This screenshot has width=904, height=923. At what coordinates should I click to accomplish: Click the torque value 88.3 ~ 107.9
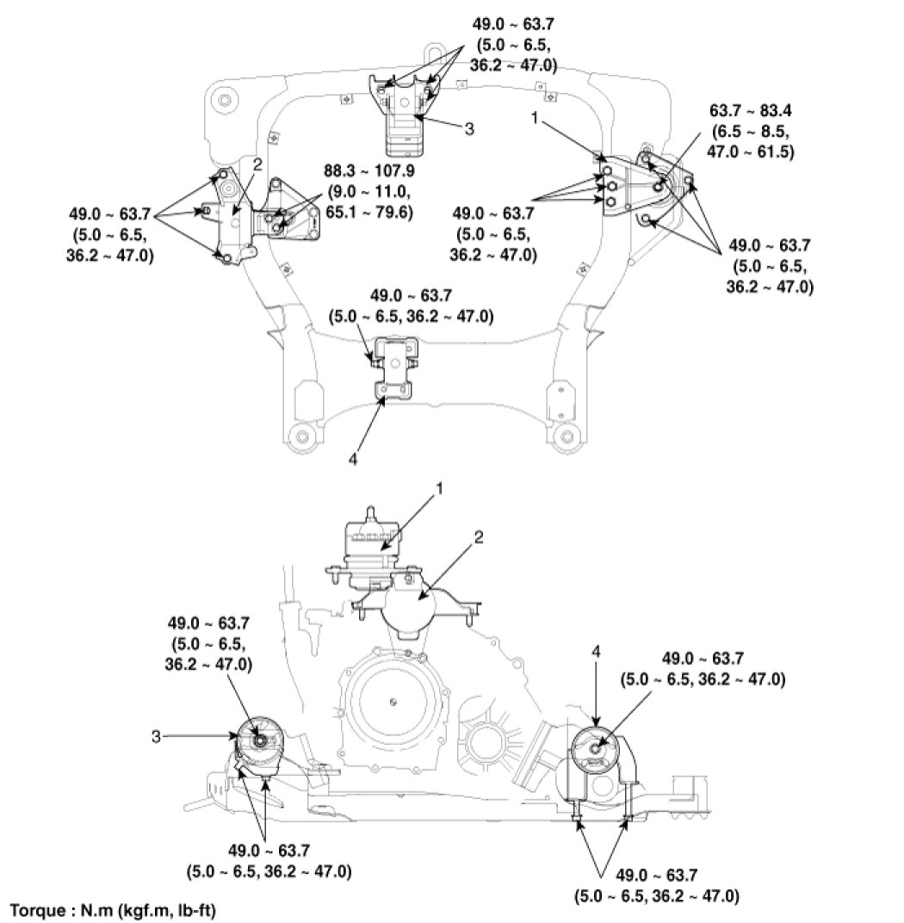coord(369,171)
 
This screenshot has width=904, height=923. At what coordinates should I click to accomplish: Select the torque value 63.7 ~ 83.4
coord(751,111)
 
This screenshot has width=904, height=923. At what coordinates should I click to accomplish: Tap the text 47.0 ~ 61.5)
coord(751,152)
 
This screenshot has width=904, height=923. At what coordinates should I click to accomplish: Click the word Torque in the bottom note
coord(38,911)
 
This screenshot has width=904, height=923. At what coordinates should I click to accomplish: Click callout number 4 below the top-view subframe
coord(352,459)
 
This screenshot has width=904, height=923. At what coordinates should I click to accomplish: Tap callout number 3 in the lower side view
coord(156,736)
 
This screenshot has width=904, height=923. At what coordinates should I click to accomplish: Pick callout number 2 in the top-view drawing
coord(257,164)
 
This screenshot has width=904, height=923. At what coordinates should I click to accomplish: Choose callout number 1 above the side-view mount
coord(439,488)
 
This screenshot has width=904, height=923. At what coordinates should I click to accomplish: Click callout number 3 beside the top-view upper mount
coord(469,128)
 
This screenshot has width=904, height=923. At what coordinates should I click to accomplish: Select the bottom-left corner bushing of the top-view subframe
coord(302,437)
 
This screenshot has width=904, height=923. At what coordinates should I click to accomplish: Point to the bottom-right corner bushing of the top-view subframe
coord(567,437)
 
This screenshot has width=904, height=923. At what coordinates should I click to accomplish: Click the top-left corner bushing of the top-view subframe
coord(224,100)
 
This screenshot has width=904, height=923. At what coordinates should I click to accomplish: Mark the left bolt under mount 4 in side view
coord(577,816)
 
